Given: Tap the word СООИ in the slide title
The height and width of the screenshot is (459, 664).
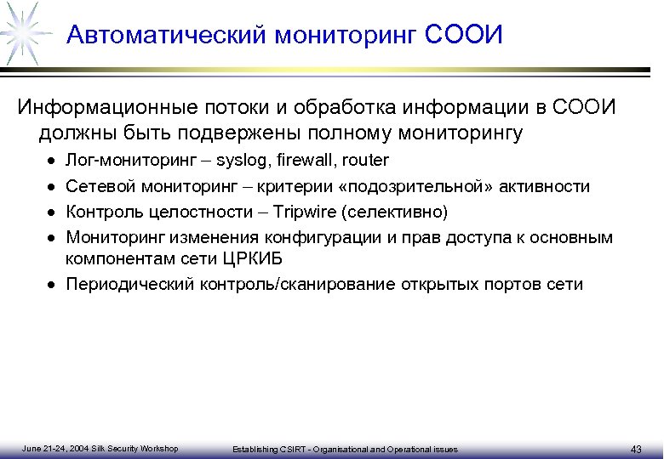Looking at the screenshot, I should pos(464,36).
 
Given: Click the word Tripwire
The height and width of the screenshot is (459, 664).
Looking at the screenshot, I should pos(303,211).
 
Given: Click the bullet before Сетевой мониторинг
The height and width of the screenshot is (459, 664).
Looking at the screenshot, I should pos(53,186).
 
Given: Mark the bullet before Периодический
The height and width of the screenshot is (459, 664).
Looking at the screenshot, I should pos(53,285).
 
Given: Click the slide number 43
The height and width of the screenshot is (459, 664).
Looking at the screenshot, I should pos(637,449).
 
